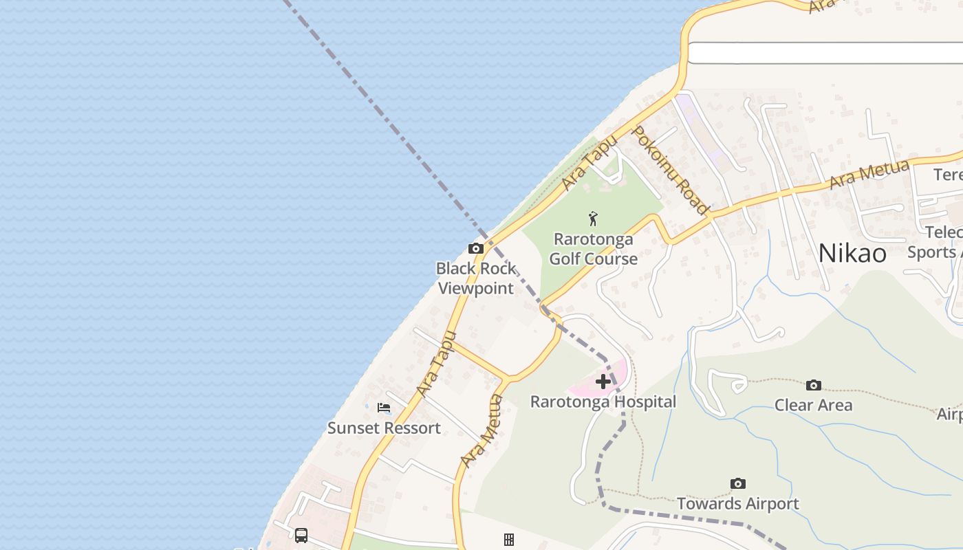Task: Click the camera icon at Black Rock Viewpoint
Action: point(476,248)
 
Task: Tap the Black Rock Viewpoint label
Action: point(476,278)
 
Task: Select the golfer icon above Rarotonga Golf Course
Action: point(593,219)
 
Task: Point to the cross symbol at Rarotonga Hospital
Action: point(603,382)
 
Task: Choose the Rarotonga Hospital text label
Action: point(603,401)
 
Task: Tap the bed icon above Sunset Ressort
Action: point(384,408)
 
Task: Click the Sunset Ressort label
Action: point(384,428)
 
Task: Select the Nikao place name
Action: point(852,253)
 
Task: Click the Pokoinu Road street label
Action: point(671,170)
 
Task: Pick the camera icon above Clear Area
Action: point(814,385)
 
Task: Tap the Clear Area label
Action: point(814,405)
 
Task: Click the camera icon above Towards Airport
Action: point(738,484)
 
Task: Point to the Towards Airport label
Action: point(738,503)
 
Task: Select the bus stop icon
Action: point(301,535)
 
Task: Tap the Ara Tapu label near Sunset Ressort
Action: point(436,364)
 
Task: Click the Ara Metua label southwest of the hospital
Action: point(483,432)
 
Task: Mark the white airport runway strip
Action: point(825,53)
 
